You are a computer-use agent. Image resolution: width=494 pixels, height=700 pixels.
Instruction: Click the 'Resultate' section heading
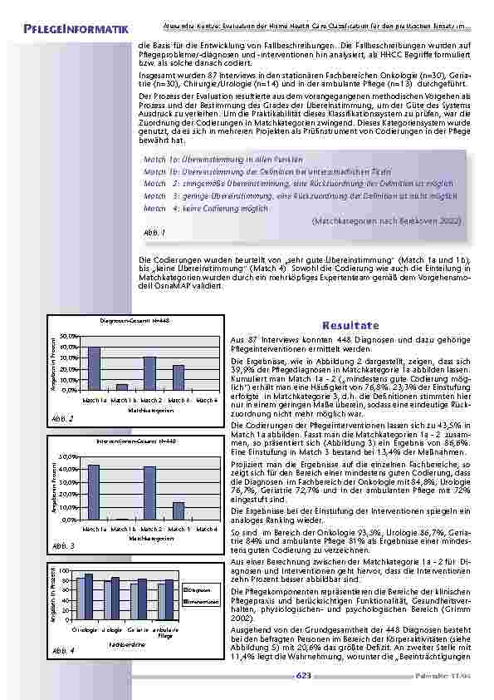[x=351, y=325]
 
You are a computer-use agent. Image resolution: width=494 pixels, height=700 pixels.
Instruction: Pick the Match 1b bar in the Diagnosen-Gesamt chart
[x=122, y=387]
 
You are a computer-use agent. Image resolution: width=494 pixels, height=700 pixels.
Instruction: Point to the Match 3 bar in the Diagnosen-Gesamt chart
[x=179, y=377]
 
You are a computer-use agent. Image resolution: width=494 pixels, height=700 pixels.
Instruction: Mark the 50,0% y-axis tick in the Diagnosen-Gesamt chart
[x=70, y=335]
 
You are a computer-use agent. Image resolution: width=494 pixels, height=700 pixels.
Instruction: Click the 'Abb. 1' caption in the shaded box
[x=154, y=234]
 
